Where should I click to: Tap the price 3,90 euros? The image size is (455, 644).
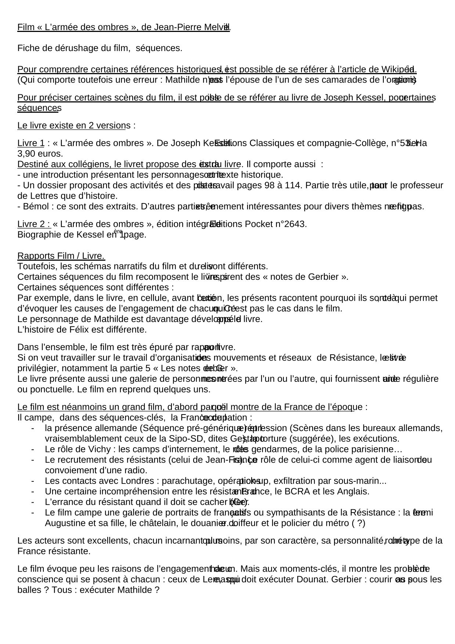pos(40,153)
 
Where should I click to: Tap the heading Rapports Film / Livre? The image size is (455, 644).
pos(61,256)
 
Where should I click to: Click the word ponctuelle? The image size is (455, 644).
pos(46,389)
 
